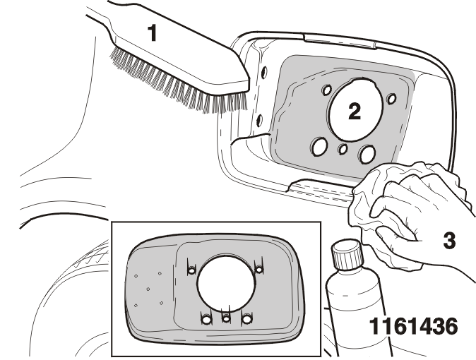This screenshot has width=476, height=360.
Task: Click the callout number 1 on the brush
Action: (153, 33)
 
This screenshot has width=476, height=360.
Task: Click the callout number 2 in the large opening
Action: (355, 111)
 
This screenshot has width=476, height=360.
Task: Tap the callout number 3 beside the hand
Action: (449, 241)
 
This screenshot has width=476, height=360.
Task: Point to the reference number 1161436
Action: (413, 326)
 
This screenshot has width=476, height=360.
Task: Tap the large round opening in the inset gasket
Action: (225, 283)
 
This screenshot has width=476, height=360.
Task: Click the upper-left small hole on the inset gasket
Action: (192, 270)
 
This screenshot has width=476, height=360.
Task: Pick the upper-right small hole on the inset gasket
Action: (259, 269)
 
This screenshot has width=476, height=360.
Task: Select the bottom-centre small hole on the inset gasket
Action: (226, 318)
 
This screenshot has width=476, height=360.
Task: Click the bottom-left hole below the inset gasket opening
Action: (206, 319)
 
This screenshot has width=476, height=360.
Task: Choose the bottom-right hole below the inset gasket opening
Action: (246, 319)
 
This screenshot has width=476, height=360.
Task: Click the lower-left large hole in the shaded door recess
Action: (319, 147)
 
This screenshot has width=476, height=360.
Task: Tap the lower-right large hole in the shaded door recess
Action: (367, 154)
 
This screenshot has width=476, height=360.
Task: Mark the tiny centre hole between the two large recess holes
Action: (343, 149)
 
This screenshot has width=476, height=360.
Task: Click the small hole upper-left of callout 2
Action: (327, 90)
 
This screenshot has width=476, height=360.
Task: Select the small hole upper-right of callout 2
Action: (392, 98)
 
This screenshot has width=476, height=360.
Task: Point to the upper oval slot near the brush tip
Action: (265, 71)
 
